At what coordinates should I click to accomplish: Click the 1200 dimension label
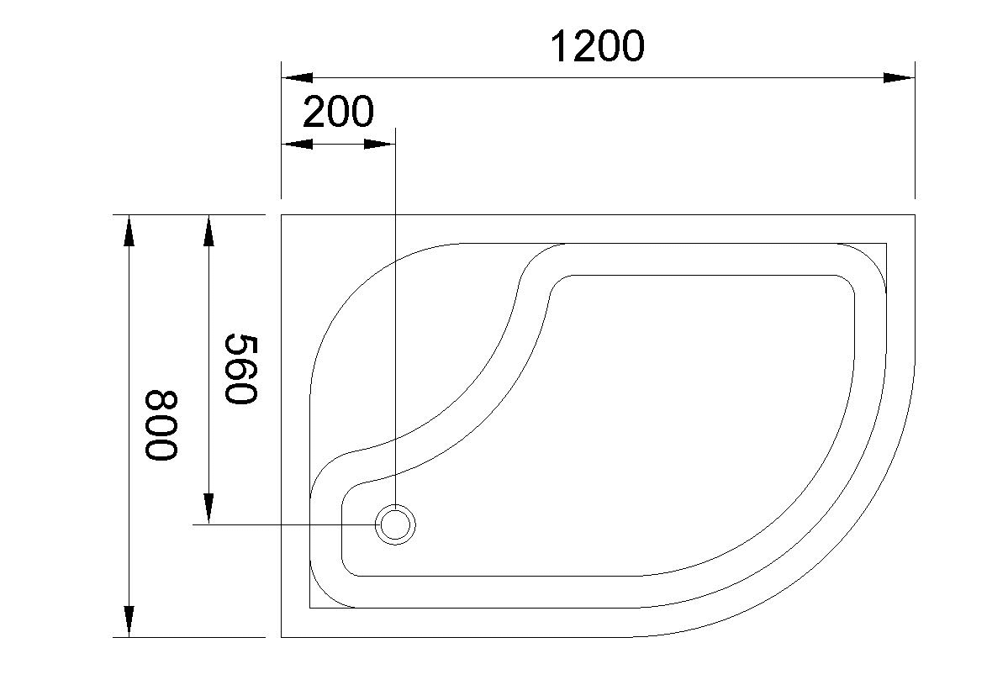[x=597, y=46]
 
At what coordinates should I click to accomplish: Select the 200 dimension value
[x=337, y=112]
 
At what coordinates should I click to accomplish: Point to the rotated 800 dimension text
[x=161, y=425]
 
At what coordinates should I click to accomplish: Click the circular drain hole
[x=394, y=524]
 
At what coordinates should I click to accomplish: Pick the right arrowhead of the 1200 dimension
[x=899, y=77]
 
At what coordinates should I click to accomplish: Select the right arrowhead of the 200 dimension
[x=379, y=145]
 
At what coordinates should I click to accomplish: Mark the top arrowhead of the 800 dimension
[x=129, y=230]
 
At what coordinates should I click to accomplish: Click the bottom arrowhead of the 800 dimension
[x=129, y=621]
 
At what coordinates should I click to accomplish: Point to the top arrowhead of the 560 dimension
[x=208, y=230]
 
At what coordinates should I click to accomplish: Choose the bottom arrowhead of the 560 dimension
[x=208, y=508]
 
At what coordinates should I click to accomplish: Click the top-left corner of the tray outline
[x=282, y=215]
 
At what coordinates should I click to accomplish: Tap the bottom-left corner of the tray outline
[x=282, y=637]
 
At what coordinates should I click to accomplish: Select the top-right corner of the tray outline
[x=914, y=215]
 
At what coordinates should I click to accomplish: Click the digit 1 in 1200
[x=560, y=46]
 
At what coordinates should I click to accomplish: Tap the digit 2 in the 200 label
[x=314, y=112]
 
